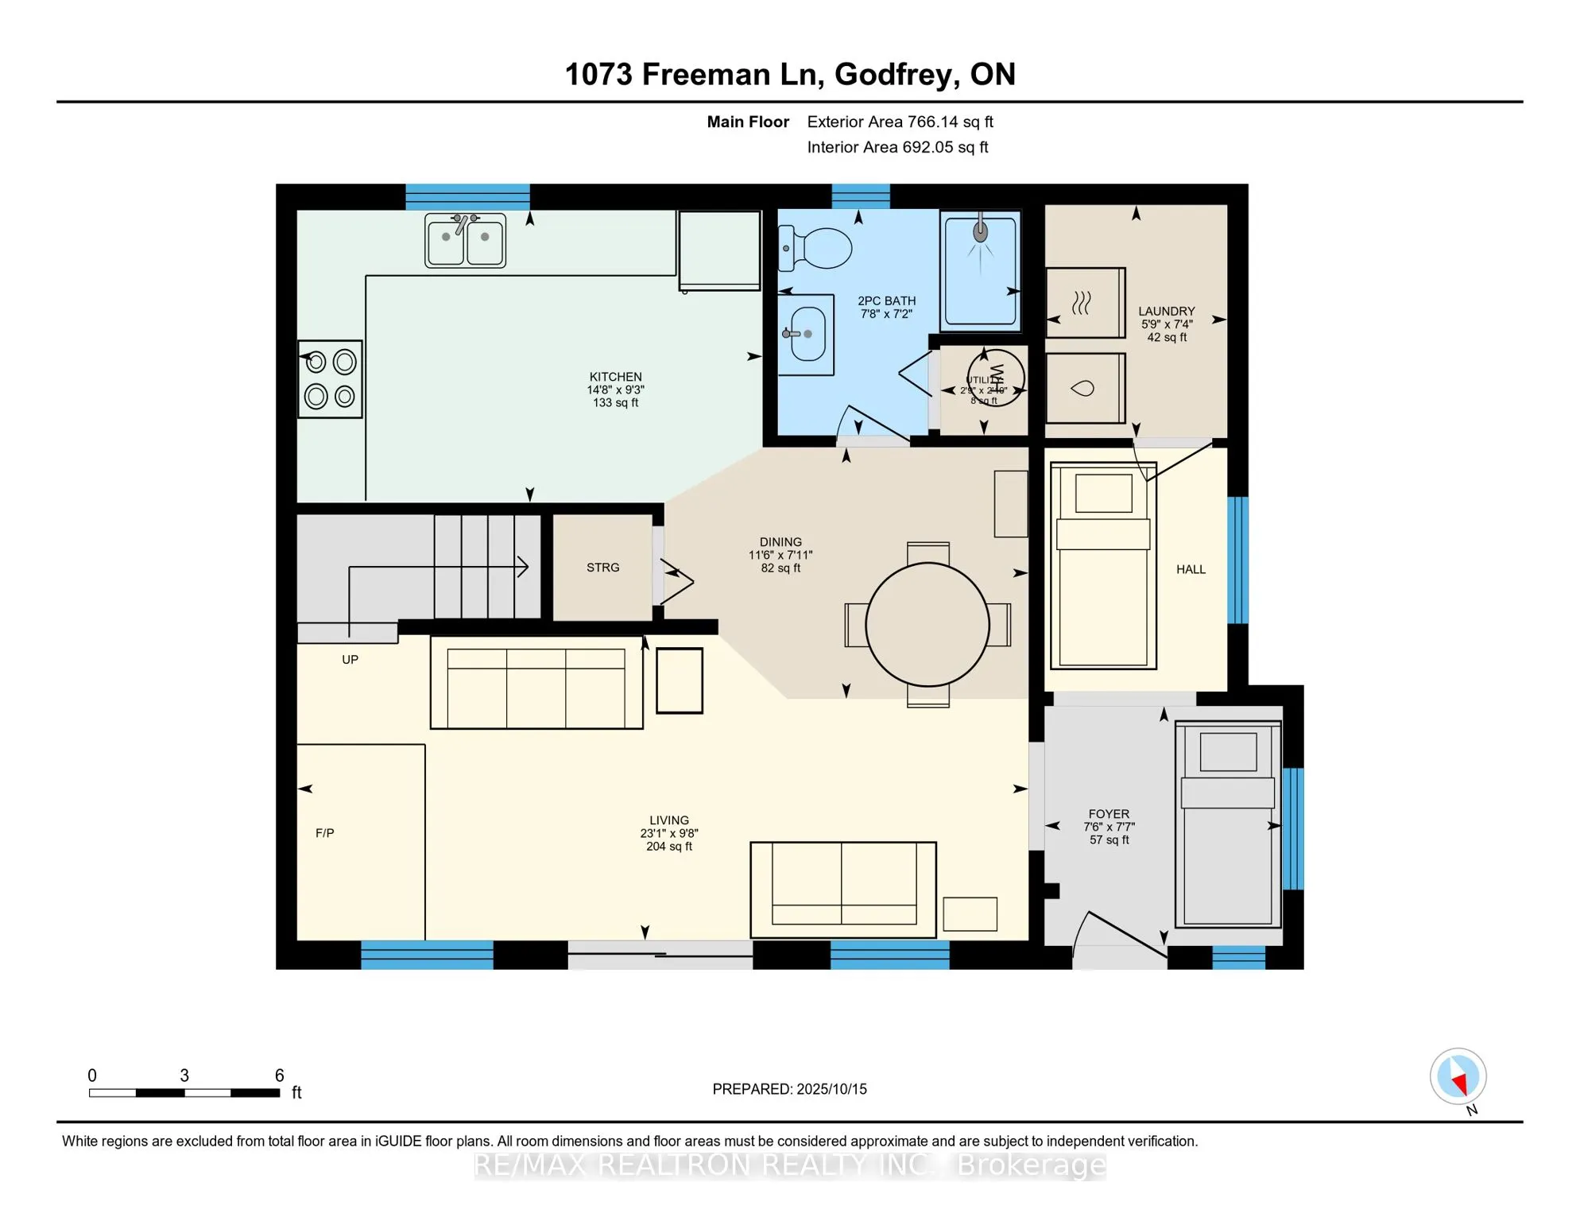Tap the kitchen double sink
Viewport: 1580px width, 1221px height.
tap(465, 240)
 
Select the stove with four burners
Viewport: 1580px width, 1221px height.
tap(330, 379)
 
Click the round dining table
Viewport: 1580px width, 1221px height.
tap(927, 625)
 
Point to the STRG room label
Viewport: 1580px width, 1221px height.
tap(602, 568)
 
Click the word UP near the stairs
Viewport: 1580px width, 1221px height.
tap(350, 660)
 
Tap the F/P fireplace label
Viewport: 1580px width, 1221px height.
tap(324, 833)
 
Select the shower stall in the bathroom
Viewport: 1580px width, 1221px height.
tap(981, 270)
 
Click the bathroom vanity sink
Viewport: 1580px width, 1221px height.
tap(806, 334)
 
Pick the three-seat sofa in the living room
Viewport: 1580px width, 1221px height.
tap(536, 684)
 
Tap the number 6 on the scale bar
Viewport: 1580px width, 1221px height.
tap(279, 1076)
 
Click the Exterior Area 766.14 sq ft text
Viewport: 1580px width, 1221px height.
tap(900, 122)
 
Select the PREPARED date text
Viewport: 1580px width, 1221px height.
tap(789, 1089)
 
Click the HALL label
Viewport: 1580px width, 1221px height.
tap(1191, 569)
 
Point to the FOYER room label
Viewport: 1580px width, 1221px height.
tap(1109, 814)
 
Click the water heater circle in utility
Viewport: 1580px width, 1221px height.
tap(995, 378)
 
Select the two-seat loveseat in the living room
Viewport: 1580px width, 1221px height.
tap(842, 889)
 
